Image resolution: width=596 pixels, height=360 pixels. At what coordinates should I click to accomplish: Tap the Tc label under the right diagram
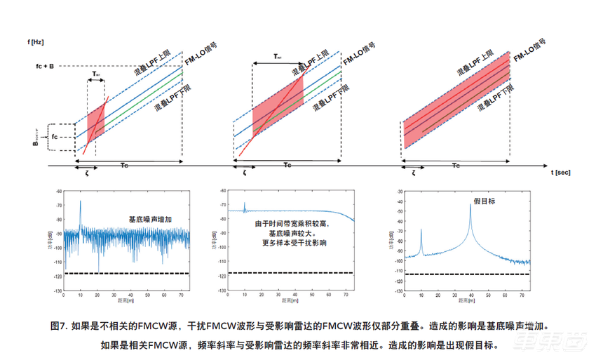(x=456, y=166)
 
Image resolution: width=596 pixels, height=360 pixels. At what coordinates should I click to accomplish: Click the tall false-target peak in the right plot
(x=470, y=205)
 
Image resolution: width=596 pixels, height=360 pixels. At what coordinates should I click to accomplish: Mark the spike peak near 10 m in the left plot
(x=80, y=202)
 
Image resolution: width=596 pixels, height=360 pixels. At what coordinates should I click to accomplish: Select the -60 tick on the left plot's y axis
(x=57, y=191)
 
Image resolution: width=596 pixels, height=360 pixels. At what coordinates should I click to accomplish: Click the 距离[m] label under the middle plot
(x=285, y=301)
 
